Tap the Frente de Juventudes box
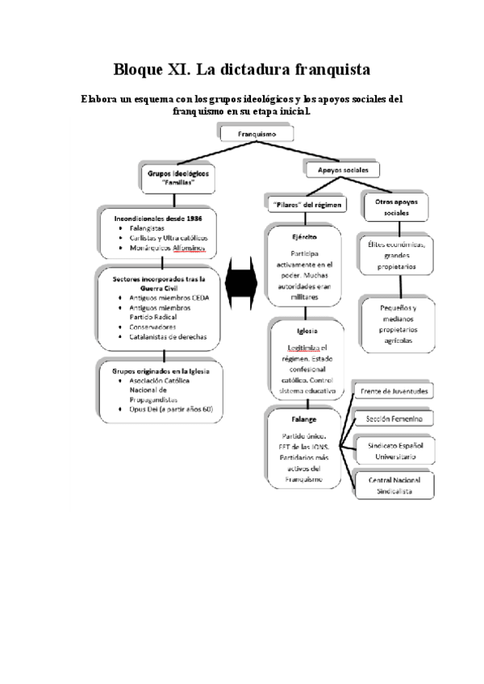coord(394,391)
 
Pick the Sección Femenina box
coord(394,419)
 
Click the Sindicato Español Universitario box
coord(394,450)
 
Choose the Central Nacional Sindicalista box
coord(394,484)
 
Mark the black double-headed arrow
coord(242,284)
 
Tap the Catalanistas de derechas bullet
coord(167,337)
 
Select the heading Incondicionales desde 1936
coord(158,219)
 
